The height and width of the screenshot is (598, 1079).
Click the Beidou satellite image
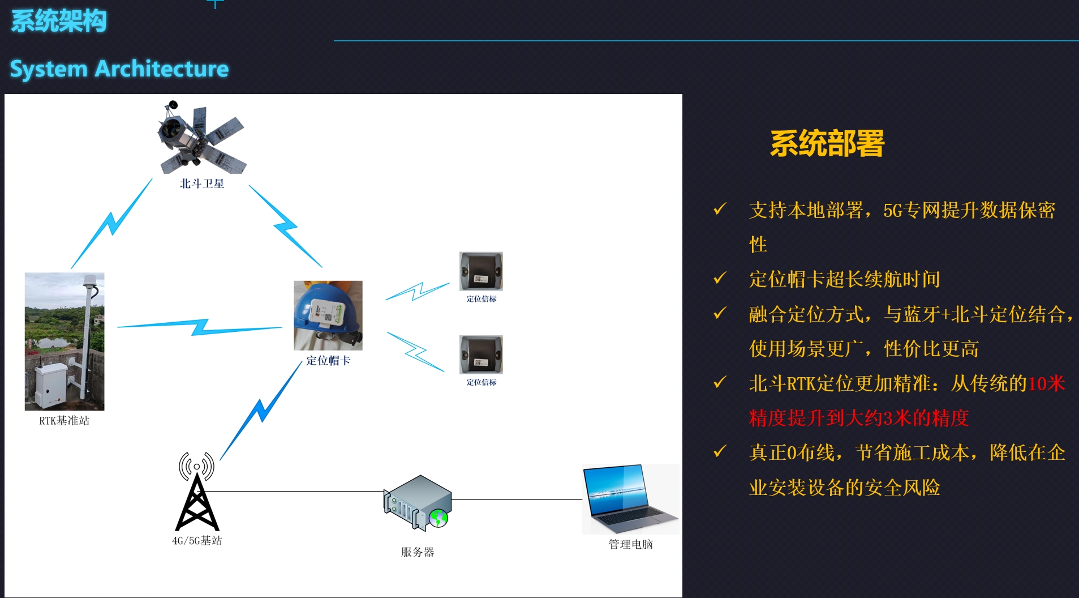point(201,137)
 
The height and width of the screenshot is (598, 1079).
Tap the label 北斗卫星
point(202,183)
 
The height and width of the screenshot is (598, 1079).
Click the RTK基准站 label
point(64,421)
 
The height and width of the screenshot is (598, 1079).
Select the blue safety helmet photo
point(328,315)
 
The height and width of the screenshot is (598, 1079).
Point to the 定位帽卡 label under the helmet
point(328,361)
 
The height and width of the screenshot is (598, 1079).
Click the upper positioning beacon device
point(481,271)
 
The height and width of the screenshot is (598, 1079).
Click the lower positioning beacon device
point(481,354)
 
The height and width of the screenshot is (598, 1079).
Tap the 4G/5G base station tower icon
point(197,492)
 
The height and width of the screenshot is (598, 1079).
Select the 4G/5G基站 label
point(197,541)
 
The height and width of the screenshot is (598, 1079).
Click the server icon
point(418,503)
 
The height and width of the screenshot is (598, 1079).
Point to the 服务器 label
point(418,552)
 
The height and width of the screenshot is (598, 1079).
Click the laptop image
point(631,499)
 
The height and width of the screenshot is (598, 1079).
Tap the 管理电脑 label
point(631,544)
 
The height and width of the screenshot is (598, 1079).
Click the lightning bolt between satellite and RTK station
point(112,223)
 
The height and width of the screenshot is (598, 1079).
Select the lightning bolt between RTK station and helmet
point(200,327)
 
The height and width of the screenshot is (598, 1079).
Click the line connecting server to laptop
point(517,499)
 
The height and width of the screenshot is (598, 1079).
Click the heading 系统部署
point(827,143)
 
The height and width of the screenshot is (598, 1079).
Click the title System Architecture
point(119,69)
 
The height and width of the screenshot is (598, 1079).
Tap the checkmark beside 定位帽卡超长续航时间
point(720,278)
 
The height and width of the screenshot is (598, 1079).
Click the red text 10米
point(1047,384)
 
